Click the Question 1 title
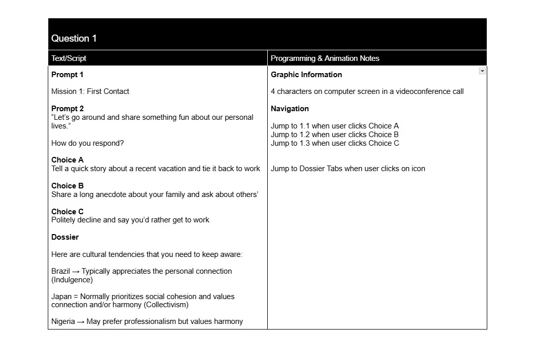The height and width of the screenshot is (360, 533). pos(74,39)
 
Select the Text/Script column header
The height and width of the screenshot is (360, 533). pos(69,58)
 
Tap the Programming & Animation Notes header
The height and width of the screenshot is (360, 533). pos(325,58)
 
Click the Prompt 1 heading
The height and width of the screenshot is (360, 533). pos(67,75)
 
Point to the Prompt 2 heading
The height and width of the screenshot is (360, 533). pos(67,109)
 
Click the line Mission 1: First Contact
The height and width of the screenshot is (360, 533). pos(90,91)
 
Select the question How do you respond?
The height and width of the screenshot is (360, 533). pos(87,143)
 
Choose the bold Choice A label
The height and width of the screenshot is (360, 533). pos(67,160)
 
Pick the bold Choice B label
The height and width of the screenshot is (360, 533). pos(67,186)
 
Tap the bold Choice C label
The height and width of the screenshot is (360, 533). pos(67,212)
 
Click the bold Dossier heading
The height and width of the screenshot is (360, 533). pos(65,237)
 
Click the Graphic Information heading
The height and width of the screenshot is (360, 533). pos(306,75)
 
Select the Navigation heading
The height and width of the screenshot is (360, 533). pos(290,109)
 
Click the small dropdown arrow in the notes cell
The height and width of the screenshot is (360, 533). pos(482,71)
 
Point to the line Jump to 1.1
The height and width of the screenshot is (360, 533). pos(334,126)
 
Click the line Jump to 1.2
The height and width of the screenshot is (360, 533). pos(334,135)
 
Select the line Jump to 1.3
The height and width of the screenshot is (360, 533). pos(334,143)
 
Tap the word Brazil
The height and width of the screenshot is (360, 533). pos(60,271)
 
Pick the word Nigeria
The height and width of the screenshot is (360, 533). pos(63,321)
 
